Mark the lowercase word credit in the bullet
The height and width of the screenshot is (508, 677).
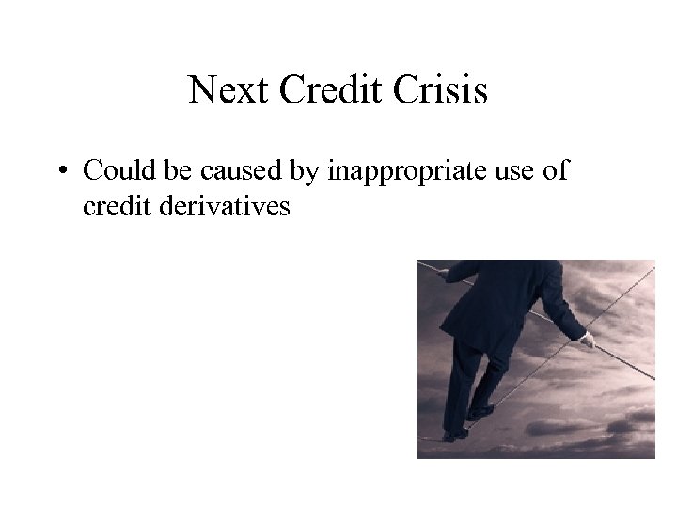click(x=112, y=205)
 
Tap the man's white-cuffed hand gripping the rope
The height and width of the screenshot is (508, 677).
click(x=587, y=339)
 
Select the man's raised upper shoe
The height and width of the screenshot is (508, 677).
click(x=481, y=411)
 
